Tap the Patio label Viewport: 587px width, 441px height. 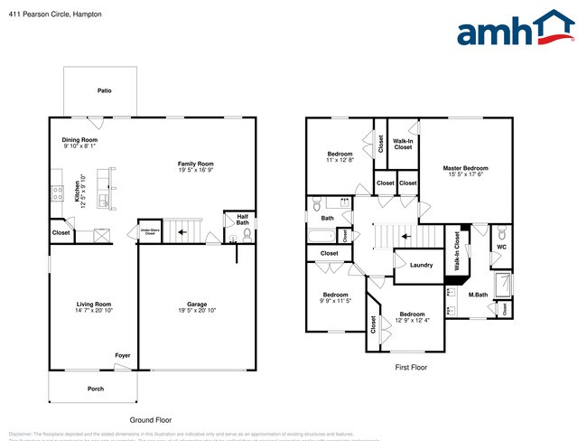(105, 91)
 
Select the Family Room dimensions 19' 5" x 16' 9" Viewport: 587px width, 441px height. (196, 169)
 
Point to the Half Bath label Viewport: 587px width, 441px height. (242, 220)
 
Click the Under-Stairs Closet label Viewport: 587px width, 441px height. (148, 232)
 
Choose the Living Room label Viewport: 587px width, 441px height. (92, 304)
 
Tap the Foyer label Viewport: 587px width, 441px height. (122, 355)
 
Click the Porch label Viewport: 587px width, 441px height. (96, 389)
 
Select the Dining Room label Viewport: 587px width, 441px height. (79, 140)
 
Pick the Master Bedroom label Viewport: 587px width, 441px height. (465, 168)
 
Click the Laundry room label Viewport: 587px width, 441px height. (421, 265)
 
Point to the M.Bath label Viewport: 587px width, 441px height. (479, 294)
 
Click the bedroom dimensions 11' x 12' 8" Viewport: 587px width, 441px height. (339, 160)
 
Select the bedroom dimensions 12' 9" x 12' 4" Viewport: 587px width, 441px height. (412, 320)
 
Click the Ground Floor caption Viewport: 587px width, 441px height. (150, 419)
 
